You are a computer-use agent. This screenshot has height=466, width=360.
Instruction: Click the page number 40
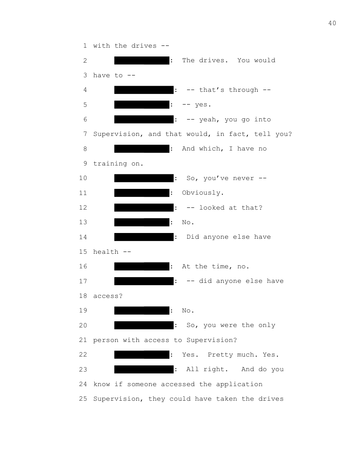[332, 23]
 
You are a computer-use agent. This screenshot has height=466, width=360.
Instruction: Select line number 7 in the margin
[85, 134]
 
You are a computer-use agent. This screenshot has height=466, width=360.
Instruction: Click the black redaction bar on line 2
[142, 60]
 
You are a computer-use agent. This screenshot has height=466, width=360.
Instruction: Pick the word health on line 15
[106, 252]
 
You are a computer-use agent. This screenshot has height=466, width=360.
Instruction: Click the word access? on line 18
[108, 296]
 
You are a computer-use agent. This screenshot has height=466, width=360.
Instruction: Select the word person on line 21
[106, 340]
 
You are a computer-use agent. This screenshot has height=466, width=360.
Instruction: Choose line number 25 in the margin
[83, 399]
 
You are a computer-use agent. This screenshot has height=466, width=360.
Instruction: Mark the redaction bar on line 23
[144, 369]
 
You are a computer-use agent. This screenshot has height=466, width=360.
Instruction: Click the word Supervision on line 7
[116, 134]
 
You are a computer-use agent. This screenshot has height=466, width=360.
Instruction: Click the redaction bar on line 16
[142, 267]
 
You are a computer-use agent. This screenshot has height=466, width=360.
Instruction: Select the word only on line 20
[266, 325]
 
